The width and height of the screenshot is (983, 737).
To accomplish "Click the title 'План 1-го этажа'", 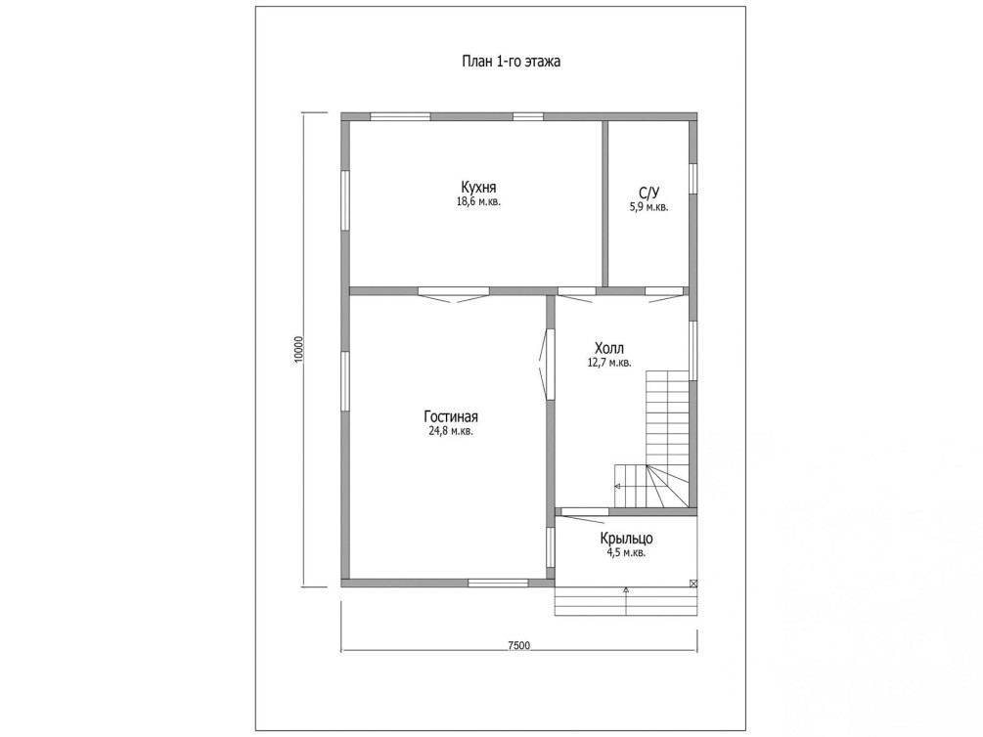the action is pyautogui.click(x=511, y=62).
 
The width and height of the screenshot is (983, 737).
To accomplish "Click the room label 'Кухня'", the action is pyautogui.click(x=479, y=187).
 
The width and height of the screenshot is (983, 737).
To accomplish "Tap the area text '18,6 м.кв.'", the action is pyautogui.click(x=479, y=201).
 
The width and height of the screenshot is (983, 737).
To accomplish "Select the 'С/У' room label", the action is pyautogui.click(x=649, y=192).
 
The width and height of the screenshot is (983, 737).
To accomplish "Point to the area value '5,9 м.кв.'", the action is pyautogui.click(x=648, y=207).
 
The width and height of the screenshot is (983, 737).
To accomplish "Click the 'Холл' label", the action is pyautogui.click(x=609, y=348).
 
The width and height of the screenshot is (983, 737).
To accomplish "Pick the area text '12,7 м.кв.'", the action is pyautogui.click(x=609, y=363).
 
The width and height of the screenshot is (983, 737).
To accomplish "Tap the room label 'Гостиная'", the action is pyautogui.click(x=451, y=416).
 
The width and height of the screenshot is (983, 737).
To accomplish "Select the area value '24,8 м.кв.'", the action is pyautogui.click(x=451, y=431).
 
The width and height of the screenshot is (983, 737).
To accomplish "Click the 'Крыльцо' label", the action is pyautogui.click(x=626, y=539).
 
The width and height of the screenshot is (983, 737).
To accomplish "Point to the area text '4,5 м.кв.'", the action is pyautogui.click(x=626, y=553).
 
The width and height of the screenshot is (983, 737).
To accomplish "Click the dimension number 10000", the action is pyautogui.click(x=298, y=349).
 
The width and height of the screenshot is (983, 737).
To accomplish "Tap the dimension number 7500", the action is pyautogui.click(x=519, y=645).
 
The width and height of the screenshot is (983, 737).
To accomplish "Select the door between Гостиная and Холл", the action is pyautogui.click(x=546, y=365).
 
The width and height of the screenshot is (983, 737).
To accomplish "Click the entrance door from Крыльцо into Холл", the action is pyautogui.click(x=582, y=514).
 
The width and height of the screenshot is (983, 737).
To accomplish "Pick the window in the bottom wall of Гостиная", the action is pyautogui.click(x=499, y=583).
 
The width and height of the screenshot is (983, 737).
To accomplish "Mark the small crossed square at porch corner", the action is pyautogui.click(x=693, y=583).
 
